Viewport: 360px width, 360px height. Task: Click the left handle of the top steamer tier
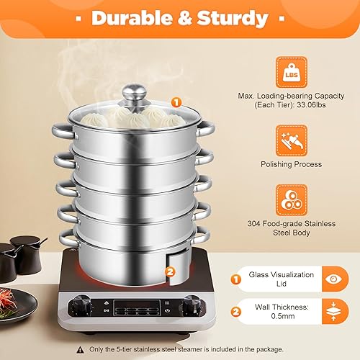coord(59,130)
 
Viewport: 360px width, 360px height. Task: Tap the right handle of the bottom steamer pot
coord(207,234)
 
